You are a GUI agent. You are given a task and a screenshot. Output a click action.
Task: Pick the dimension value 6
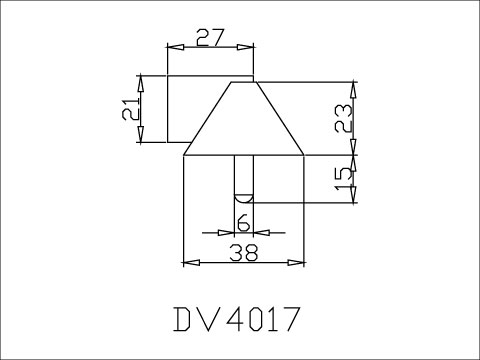click(242, 221)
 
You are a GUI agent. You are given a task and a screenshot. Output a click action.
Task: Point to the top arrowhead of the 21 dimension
click(141, 83)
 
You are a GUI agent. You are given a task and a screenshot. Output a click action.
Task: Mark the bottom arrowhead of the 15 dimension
click(352, 195)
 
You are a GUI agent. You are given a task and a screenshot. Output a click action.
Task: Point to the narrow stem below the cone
click(243, 175)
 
